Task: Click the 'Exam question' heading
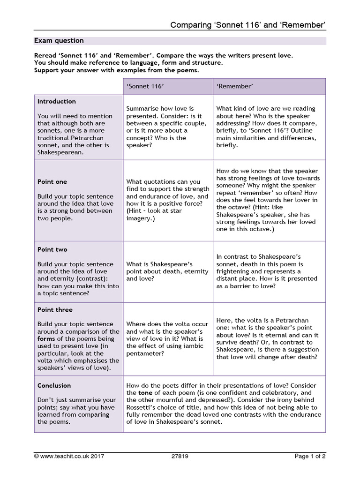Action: tap(59, 41)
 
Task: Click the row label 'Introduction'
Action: tap(56, 101)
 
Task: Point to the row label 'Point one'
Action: tap(52, 181)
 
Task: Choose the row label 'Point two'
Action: tap(52, 249)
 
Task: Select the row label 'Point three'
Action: tap(55, 309)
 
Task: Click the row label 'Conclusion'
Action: tap(54, 385)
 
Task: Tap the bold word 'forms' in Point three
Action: tap(46, 338)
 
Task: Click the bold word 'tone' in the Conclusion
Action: tap(145, 392)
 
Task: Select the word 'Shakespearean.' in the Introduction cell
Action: tap(59, 152)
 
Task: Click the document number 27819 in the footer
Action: tap(180, 456)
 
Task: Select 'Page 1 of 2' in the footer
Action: tap(310, 456)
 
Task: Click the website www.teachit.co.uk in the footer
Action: tap(65, 456)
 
